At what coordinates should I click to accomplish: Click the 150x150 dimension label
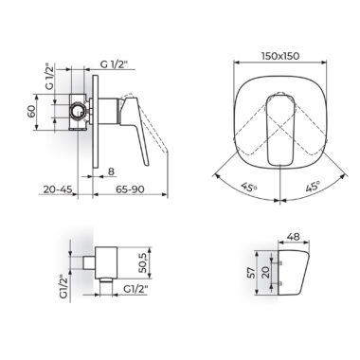coord(280,56)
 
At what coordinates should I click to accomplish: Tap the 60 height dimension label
coord(31,112)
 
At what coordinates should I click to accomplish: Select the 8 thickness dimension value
coord(111,171)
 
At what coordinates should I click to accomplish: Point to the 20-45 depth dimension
coord(58,189)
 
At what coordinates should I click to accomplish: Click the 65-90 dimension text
coord(130,189)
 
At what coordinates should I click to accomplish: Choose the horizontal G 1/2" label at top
coord(114,64)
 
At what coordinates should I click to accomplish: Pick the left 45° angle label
coord(248,188)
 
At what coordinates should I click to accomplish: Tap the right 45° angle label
coord(313,187)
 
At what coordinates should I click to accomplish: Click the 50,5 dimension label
coord(142,262)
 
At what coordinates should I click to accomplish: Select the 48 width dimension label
coord(294,237)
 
